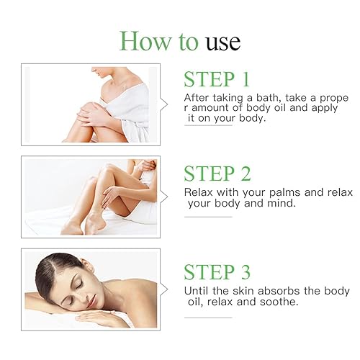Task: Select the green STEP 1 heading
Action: tap(217, 79)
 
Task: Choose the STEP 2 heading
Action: tap(217, 174)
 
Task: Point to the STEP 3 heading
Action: tap(217, 272)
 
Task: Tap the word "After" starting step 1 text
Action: tap(197, 96)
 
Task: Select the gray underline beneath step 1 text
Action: tap(208, 125)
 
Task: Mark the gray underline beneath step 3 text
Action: tap(208, 318)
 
